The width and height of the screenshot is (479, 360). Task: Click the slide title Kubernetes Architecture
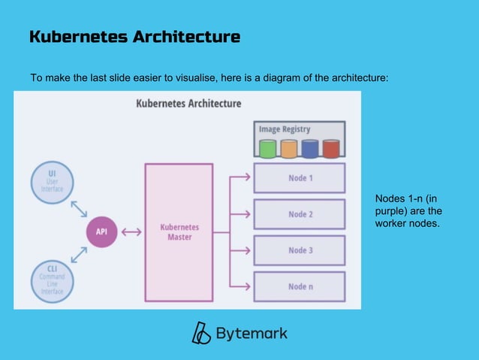pyautogui.click(x=135, y=36)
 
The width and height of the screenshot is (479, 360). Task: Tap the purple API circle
pyautogui.click(x=101, y=231)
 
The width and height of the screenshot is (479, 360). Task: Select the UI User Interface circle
pyautogui.click(x=51, y=180)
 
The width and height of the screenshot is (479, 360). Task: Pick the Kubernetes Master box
pyautogui.click(x=179, y=231)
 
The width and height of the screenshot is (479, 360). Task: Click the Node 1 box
pyautogui.click(x=300, y=178)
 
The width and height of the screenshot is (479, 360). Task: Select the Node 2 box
pyautogui.click(x=300, y=214)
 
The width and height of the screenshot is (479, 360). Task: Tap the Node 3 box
pyautogui.click(x=300, y=250)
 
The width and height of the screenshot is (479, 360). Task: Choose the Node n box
pyautogui.click(x=300, y=286)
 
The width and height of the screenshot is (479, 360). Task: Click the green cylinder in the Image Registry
pyautogui.click(x=268, y=148)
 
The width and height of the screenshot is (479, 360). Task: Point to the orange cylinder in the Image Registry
pyautogui.click(x=289, y=148)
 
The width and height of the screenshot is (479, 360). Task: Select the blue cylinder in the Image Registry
pyautogui.click(x=310, y=148)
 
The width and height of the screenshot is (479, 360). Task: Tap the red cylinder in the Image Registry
pyautogui.click(x=331, y=148)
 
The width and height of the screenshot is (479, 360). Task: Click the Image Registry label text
pyautogui.click(x=285, y=129)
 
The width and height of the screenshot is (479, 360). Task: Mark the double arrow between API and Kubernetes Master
pyautogui.click(x=131, y=231)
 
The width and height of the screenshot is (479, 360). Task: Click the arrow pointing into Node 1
pyautogui.click(x=240, y=178)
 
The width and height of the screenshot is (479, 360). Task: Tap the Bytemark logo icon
pyautogui.click(x=201, y=333)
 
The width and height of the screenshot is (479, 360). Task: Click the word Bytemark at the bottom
pyautogui.click(x=251, y=333)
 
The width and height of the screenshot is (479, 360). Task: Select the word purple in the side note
pyautogui.click(x=390, y=211)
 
